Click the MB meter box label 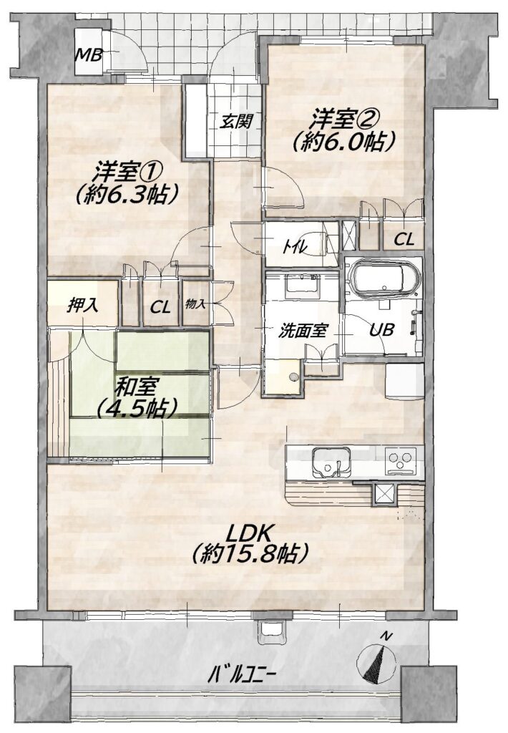pyautogui.click(x=89, y=56)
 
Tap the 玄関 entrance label pyautogui.click(x=237, y=122)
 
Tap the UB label pyautogui.click(x=381, y=330)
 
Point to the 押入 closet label pyautogui.click(x=82, y=305)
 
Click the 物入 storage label pyautogui.click(x=195, y=304)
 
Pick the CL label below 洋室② pyautogui.click(x=404, y=240)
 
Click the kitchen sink pyautogui.click(x=331, y=462)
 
